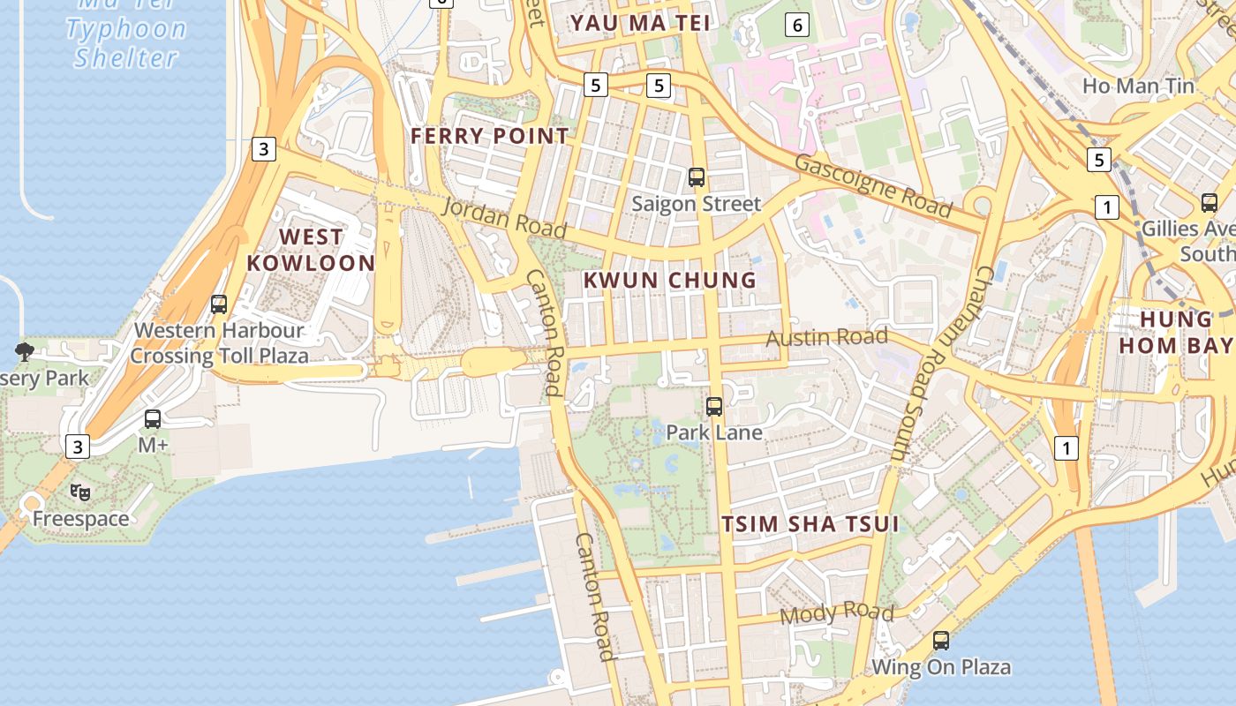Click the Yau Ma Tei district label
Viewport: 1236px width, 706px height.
pos(640,23)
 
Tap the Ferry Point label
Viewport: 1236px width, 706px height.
pos(490,136)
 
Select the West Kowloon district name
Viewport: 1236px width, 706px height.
pos(311,250)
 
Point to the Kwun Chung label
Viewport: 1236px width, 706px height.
pos(670,281)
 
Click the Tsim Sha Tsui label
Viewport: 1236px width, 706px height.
pos(810,524)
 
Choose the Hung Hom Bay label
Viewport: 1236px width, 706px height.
pos(1175,332)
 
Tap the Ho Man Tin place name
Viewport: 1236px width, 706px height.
pos(1138,86)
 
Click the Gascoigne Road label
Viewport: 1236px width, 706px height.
pos(873,185)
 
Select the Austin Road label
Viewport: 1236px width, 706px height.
pos(826,337)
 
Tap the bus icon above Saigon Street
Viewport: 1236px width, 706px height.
pos(697,177)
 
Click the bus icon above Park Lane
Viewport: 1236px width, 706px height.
pos(714,407)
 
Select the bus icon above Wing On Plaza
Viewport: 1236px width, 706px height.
pos(941,641)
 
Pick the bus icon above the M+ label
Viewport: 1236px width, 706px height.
pos(153,419)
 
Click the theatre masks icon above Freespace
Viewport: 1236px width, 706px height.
pos(80,492)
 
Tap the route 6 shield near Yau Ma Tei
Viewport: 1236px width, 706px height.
pos(797,25)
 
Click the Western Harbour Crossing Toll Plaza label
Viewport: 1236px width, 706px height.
pos(220,343)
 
